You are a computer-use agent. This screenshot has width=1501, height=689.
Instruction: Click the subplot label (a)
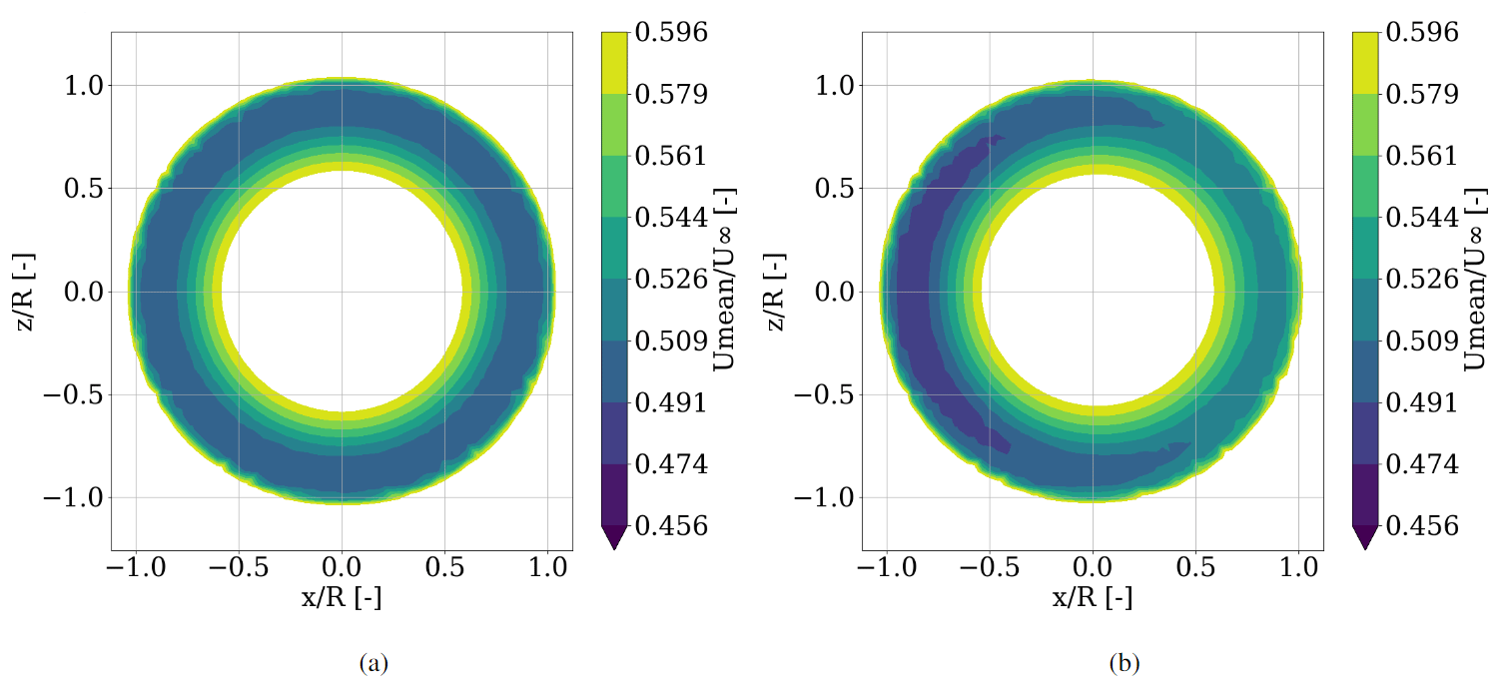click(374, 663)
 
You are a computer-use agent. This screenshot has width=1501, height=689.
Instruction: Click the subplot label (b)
click(1125, 663)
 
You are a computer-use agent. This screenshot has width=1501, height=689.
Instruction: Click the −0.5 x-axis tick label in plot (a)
click(238, 568)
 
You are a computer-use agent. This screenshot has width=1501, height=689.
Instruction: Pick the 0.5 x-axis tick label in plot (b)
click(1195, 568)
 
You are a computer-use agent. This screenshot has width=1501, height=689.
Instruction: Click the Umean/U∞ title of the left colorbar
click(725, 279)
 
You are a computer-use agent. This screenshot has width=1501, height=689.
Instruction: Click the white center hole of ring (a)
click(342, 291)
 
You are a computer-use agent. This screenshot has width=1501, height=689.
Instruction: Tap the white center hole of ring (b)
click(1093, 291)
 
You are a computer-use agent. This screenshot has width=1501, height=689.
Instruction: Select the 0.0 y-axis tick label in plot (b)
click(836, 292)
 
